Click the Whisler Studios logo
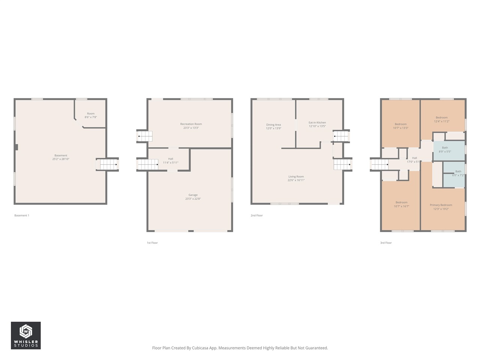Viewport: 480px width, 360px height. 25,335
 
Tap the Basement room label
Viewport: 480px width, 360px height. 61,157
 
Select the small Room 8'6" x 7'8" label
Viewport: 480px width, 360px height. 91,115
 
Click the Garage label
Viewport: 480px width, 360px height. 193,197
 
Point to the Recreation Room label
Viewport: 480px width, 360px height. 191,126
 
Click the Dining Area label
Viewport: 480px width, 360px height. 273,126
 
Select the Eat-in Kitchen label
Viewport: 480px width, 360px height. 317,124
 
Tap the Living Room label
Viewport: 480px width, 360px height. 296,178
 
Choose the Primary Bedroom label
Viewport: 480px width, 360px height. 441,207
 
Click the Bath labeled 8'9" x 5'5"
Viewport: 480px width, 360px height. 445,150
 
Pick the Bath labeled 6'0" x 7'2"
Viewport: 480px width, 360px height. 458,173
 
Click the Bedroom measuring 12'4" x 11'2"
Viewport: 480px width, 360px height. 441,119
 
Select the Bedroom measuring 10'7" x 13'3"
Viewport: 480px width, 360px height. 400,126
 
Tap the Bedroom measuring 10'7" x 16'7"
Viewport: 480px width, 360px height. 401,204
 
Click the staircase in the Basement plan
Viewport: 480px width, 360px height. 108,164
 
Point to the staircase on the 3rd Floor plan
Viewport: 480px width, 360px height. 379,164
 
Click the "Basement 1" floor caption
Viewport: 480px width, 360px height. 22,215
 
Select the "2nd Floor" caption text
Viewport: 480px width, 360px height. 257,215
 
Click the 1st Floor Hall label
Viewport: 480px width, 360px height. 171,160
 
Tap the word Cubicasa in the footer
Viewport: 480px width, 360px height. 200,348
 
